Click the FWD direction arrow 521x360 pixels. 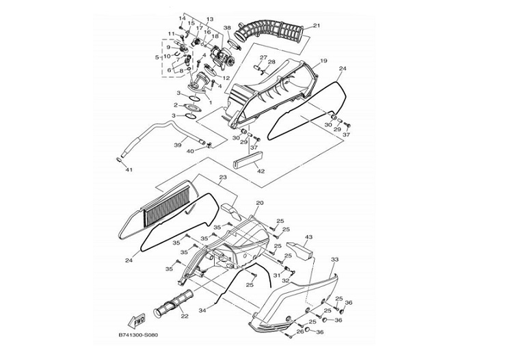point(137,321)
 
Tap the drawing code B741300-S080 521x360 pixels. point(138,335)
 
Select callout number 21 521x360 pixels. point(317,25)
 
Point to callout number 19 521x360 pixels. point(323,61)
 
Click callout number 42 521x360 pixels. point(261,171)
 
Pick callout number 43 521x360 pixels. point(308,237)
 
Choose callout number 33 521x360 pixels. point(334,260)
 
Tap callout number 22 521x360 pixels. point(185,316)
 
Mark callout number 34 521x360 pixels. point(202,311)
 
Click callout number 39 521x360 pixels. point(178,145)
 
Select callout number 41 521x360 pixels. point(129,169)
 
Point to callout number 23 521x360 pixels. point(223,178)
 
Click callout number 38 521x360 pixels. point(227,28)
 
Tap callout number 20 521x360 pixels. point(260,203)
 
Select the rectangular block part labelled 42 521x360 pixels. point(249,160)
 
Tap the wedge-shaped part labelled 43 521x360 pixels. point(299,250)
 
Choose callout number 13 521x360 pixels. point(210,19)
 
